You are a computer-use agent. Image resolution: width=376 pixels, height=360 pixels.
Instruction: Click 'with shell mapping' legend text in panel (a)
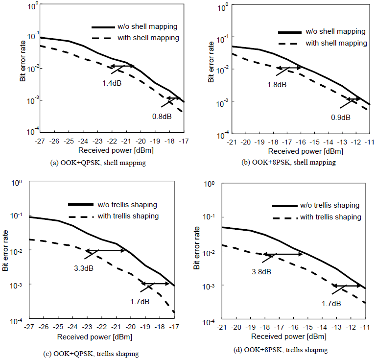148,38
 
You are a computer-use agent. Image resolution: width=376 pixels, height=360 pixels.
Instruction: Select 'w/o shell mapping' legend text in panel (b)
335,31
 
